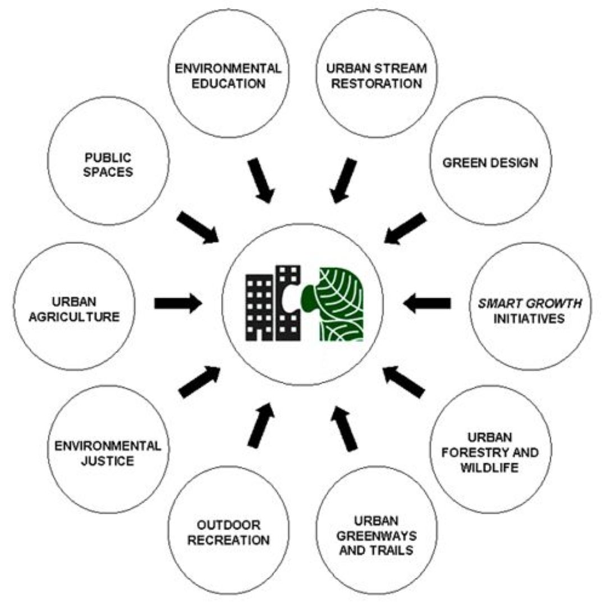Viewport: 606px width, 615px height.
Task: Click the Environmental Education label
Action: [x=228, y=76]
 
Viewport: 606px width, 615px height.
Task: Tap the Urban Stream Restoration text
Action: [x=376, y=76]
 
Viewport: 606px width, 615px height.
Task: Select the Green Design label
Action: [x=490, y=163]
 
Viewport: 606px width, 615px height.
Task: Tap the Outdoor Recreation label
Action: [x=228, y=533]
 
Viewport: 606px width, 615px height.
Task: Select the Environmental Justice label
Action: [x=108, y=453]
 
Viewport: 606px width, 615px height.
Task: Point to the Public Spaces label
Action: [x=108, y=163]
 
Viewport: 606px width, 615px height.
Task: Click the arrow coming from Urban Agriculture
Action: [x=177, y=303]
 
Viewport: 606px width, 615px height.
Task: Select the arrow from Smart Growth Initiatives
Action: [x=427, y=303]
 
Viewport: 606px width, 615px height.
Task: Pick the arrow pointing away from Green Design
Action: [x=405, y=228]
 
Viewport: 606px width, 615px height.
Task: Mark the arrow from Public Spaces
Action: [x=198, y=227]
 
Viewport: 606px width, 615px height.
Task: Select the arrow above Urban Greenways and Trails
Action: [x=344, y=429]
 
